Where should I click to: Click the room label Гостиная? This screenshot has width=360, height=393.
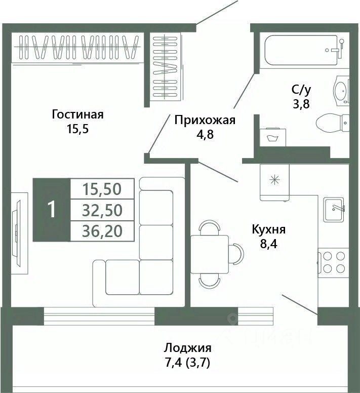click(x=77, y=115)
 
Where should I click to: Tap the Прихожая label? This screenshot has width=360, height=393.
click(x=205, y=121)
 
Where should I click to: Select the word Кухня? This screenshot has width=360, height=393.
click(x=268, y=230)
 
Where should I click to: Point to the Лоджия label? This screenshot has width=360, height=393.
click(x=188, y=348)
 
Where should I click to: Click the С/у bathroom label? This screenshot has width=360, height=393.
click(x=301, y=90)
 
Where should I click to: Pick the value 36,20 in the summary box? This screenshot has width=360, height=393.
click(x=102, y=231)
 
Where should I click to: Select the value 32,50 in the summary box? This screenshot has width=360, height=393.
click(x=102, y=210)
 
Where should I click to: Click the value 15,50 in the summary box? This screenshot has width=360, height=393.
click(x=102, y=189)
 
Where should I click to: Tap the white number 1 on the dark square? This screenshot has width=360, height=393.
click(x=52, y=210)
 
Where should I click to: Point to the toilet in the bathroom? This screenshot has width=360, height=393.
click(x=333, y=123)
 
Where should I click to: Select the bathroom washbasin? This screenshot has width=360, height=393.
click(x=341, y=91)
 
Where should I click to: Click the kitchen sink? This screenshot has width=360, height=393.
click(x=334, y=210)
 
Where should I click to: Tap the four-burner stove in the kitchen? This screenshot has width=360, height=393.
click(x=334, y=262)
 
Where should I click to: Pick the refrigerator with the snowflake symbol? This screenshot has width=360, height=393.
click(x=274, y=183)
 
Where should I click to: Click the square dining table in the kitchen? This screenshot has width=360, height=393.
click(x=210, y=254)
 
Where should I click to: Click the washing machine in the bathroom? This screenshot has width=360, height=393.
click(x=273, y=137)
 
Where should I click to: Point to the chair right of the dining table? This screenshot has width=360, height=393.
click(x=236, y=254)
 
